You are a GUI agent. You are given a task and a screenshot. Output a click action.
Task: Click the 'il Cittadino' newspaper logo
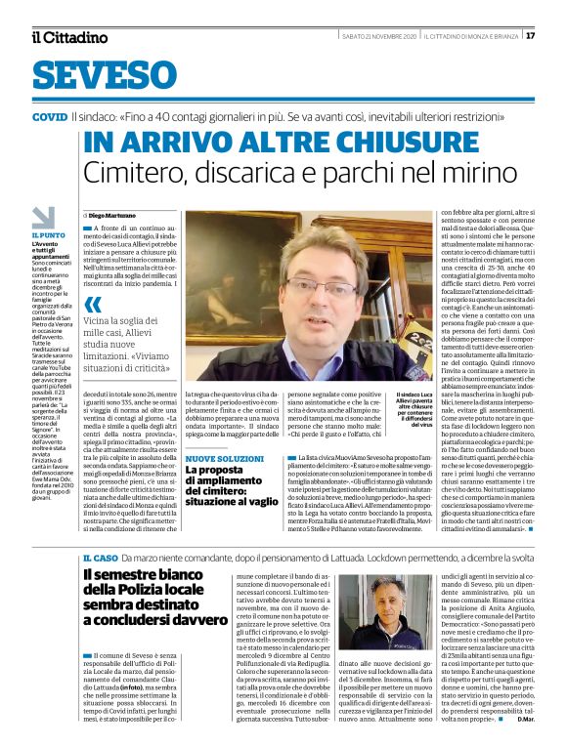point(68,37)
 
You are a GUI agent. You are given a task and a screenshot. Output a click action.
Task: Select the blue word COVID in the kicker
point(49,116)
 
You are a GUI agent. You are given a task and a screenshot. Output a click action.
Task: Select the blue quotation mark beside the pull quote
point(94,305)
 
